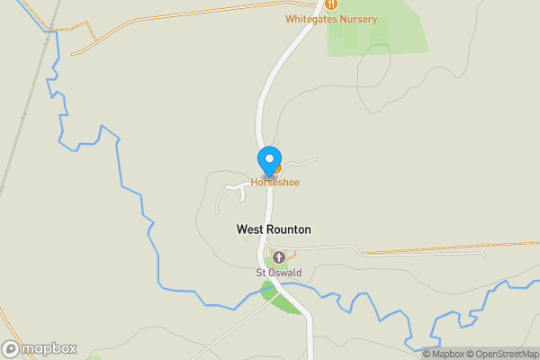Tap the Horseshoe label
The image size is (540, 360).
coord(274,183)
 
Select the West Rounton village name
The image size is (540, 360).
coord(274,229)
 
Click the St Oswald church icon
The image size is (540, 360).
coord(278,257)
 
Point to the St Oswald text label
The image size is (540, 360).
coord(278,273)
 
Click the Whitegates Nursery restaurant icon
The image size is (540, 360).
coord(331,4)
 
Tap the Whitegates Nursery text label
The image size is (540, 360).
coord(331,19)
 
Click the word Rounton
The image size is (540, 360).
coord(288,229)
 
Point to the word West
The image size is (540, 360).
coord(249,229)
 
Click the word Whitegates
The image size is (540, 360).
coord(310,19)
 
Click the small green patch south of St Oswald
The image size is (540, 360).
coord(281,296)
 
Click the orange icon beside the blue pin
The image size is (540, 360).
coord(278,168)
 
